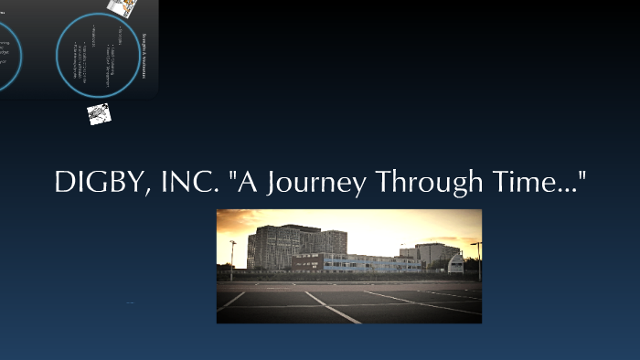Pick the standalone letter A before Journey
pos(245,183)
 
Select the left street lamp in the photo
pos(232,256)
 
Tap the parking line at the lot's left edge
pos(231,301)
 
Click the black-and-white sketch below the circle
pos(100,114)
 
